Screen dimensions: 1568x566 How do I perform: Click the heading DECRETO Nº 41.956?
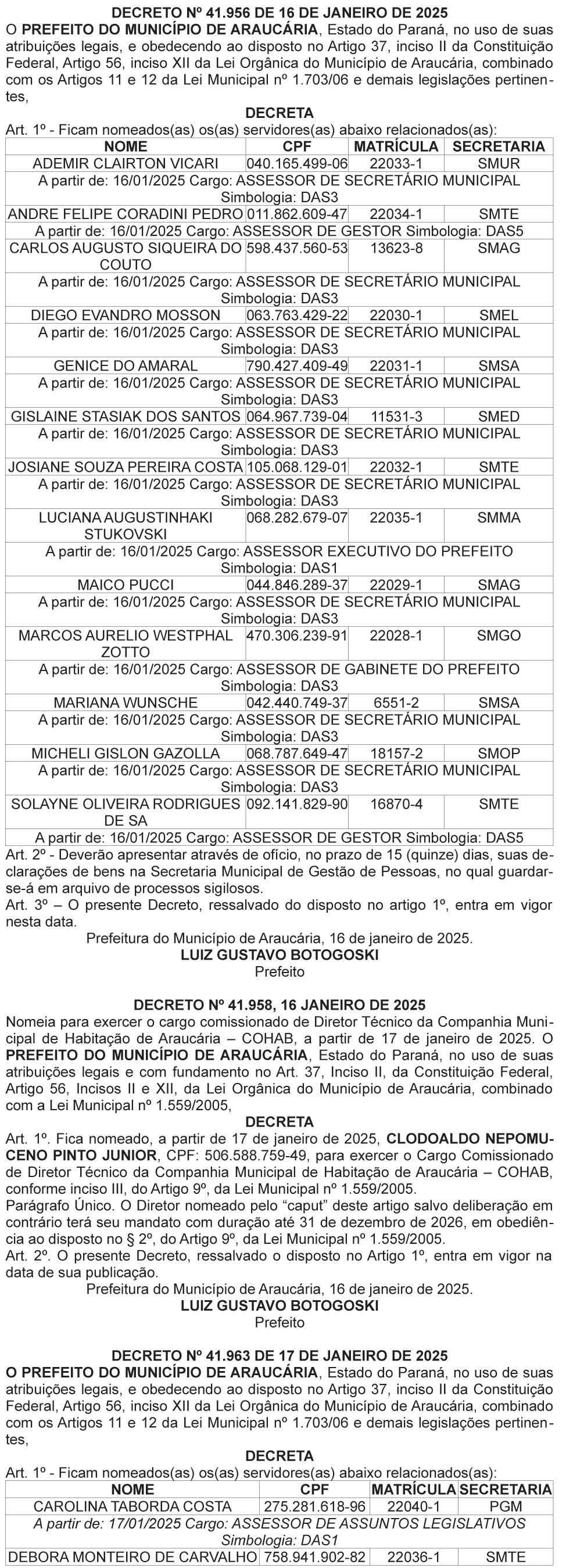tap(280, 13)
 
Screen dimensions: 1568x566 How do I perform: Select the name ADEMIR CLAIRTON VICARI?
tap(126, 164)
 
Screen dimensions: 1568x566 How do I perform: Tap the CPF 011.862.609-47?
tap(297, 214)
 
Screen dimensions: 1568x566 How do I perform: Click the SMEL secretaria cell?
tap(499, 315)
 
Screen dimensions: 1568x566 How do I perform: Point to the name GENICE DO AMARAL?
tap(126, 366)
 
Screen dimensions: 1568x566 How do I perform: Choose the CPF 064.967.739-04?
tap(297, 417)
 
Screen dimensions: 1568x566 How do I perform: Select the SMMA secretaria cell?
tap(499, 518)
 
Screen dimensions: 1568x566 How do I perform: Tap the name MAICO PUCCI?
tap(126, 585)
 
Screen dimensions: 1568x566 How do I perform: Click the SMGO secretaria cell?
tap(499, 636)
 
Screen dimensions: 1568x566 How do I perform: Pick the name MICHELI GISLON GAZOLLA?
tap(126, 753)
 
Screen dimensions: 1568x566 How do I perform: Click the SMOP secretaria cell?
tap(499, 753)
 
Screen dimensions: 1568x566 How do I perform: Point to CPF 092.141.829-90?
tap(297, 804)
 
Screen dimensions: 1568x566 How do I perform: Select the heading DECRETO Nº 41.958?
tap(280, 1004)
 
